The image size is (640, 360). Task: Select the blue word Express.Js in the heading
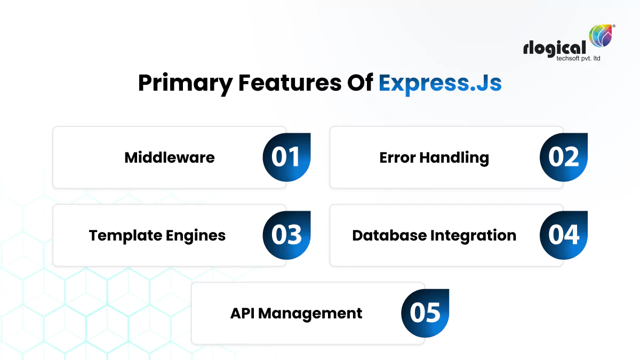(x=440, y=84)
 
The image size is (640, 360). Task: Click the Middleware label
(x=170, y=157)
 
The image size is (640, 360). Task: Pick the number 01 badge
(x=286, y=157)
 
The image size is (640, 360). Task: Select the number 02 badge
(x=564, y=157)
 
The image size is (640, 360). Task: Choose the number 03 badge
(x=286, y=235)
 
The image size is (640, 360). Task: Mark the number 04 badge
(x=564, y=235)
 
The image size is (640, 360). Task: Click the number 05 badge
(x=425, y=313)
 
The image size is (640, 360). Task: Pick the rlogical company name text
(x=555, y=49)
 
